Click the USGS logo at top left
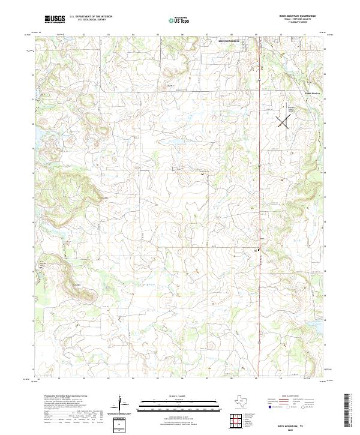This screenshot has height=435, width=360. coord(55,19)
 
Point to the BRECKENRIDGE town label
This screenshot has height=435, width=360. coord(228,41)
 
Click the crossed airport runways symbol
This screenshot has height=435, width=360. coord(283,121)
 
